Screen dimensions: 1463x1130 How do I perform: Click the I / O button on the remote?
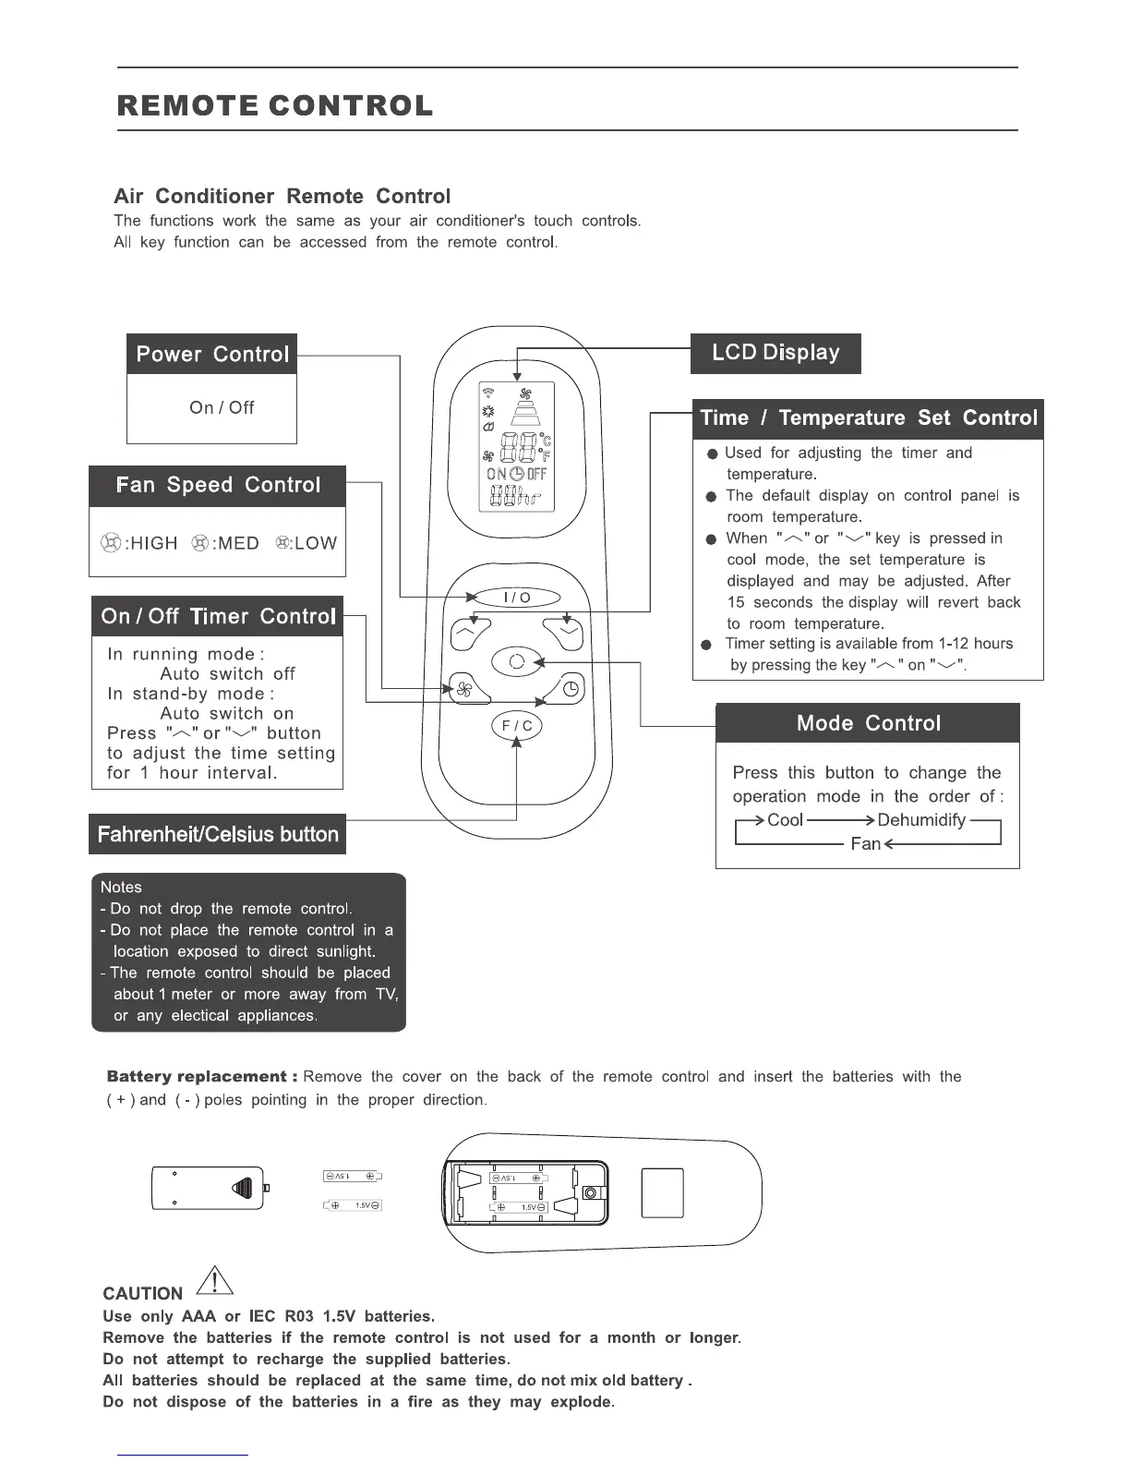pos(517,597)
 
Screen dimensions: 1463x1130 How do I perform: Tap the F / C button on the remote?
pos(516,726)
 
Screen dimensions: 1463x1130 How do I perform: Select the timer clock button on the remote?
pos(571,688)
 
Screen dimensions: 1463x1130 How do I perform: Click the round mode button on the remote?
pos(516,661)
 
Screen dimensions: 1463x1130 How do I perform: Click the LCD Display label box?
pos(775,353)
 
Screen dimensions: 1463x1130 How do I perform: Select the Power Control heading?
pos(212,354)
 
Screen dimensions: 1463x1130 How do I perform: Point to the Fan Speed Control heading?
pos(218,486)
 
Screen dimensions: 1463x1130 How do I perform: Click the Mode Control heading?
pos(868,723)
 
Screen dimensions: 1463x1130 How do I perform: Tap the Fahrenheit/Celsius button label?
pos(218,834)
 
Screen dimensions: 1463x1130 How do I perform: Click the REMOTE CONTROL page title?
pos(275,105)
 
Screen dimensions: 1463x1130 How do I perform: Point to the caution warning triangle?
pos(215,1281)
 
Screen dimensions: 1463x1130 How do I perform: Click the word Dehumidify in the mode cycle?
pos(921,820)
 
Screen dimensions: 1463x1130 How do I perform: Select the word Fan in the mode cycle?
pos(865,844)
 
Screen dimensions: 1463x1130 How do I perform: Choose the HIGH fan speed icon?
pos(111,543)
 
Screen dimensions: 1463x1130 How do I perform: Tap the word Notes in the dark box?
pos(121,888)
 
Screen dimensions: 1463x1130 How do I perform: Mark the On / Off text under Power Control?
pos(222,407)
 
